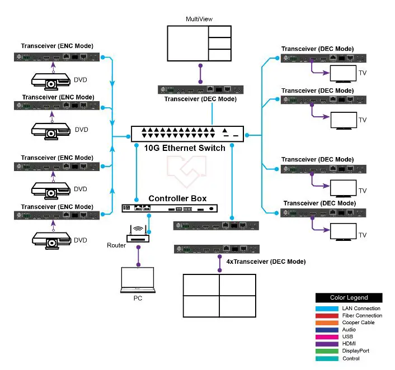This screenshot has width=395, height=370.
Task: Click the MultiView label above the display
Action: (x=199, y=19)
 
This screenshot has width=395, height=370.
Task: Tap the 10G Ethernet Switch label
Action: (x=185, y=148)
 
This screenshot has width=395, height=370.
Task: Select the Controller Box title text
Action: (x=177, y=198)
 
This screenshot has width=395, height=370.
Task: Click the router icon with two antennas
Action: (x=138, y=234)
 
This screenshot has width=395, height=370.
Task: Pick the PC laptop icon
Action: (x=138, y=280)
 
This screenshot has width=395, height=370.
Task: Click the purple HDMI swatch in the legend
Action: (x=327, y=344)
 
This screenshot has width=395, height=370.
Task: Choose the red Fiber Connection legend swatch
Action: (x=327, y=316)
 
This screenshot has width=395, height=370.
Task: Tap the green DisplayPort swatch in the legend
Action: (x=327, y=351)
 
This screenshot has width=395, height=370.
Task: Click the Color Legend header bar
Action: (x=349, y=297)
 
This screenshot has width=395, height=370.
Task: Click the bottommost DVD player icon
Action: (x=51, y=241)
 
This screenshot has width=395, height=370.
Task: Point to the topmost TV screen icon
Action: (x=343, y=74)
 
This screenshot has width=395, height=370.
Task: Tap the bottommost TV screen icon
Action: (x=343, y=232)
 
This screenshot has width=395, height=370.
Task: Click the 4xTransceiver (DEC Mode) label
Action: (x=266, y=262)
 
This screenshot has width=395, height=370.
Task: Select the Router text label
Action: (x=116, y=245)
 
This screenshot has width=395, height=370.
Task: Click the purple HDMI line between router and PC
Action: (x=138, y=256)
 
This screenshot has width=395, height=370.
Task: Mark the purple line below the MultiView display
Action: (x=200, y=74)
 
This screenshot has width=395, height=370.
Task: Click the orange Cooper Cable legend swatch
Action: (x=327, y=322)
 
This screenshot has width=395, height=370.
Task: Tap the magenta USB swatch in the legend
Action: (x=327, y=337)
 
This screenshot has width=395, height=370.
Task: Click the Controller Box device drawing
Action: (x=170, y=208)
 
